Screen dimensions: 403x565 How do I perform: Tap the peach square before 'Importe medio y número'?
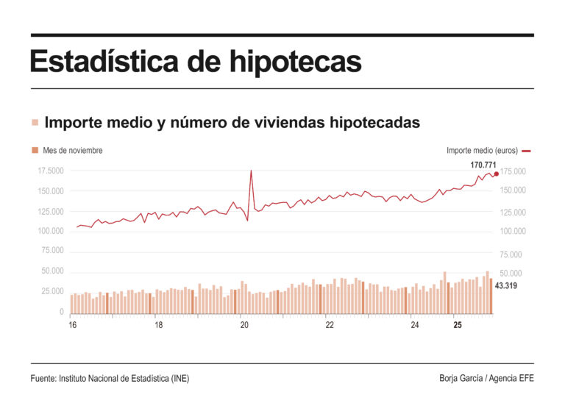pyautogui.click(x=35, y=123)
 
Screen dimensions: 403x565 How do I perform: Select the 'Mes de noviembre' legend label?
pyautogui.click(x=72, y=151)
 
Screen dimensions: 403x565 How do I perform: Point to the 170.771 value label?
pyautogui.click(x=485, y=165)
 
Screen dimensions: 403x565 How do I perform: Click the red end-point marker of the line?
pyautogui.click(x=497, y=174)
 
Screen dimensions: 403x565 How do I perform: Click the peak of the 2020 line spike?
pyautogui.click(x=252, y=171)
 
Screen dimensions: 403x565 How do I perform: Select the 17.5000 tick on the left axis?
pyautogui.click(x=51, y=171)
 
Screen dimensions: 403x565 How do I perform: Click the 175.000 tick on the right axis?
pyautogui.click(x=514, y=172)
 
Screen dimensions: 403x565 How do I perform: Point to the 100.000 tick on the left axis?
pyautogui.click(x=51, y=232)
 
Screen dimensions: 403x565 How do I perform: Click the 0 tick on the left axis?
pyautogui.click(x=61, y=312)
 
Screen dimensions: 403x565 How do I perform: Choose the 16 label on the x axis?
pyautogui.click(x=72, y=325)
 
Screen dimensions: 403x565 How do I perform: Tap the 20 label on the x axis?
pyautogui.click(x=244, y=325)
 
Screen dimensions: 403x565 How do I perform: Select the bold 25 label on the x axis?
pyautogui.click(x=458, y=325)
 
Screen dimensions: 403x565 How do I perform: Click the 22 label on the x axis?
pyautogui.click(x=330, y=325)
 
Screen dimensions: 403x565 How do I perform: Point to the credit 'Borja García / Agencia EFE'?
pyautogui.click(x=486, y=378)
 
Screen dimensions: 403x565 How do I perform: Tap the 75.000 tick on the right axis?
pyautogui.click(x=514, y=255)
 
